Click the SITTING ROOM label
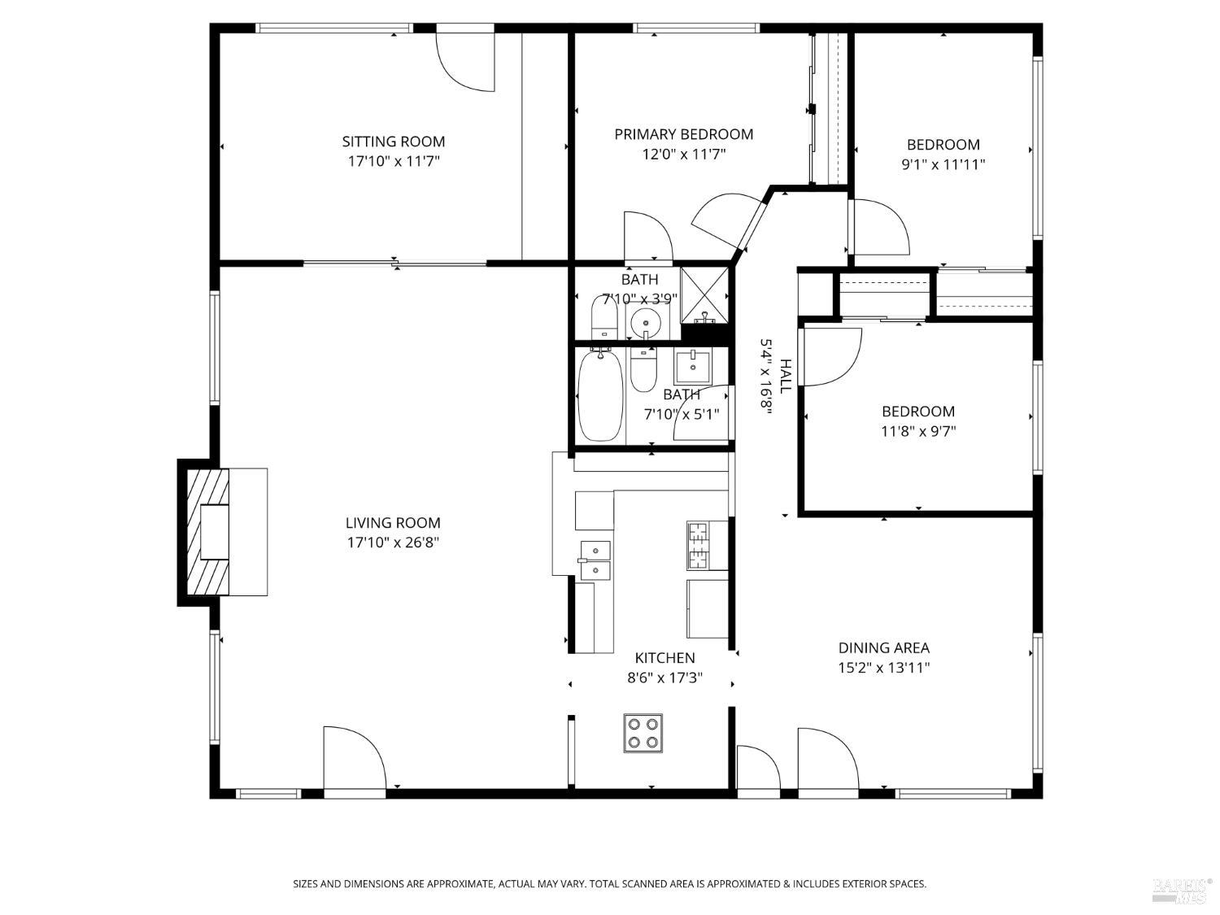(x=393, y=142)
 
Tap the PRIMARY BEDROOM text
(x=683, y=134)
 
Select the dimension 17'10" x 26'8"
(x=393, y=542)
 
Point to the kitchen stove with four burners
(x=643, y=731)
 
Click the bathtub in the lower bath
(x=600, y=396)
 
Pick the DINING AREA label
(x=883, y=648)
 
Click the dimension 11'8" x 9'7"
(x=918, y=431)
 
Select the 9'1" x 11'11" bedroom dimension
(x=943, y=164)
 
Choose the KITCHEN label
(x=664, y=658)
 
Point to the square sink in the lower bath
(x=693, y=367)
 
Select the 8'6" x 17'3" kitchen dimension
(x=664, y=678)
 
